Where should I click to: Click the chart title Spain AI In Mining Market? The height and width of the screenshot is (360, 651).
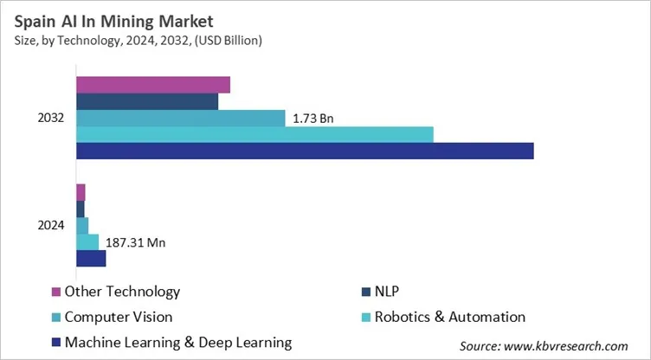[112, 19]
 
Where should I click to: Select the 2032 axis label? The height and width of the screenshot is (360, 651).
[51, 118]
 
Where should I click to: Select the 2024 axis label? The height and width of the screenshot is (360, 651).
[51, 225]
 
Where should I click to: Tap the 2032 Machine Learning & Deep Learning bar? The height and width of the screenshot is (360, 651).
[305, 151]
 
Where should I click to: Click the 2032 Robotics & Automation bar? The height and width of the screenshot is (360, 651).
[255, 134]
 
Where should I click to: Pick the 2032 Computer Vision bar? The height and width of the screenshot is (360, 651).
[180, 118]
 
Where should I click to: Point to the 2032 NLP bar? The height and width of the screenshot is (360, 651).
[147, 101]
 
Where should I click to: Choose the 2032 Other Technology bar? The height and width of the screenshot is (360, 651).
[153, 85]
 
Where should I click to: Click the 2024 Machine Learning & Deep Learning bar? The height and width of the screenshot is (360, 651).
[91, 258]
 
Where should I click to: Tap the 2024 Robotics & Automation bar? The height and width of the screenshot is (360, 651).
[87, 241]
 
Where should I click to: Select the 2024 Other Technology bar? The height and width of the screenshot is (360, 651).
[81, 192]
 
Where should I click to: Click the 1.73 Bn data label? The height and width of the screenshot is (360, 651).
[313, 118]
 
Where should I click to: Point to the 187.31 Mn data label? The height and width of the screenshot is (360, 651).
[135, 242]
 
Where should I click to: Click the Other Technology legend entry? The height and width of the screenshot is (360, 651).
[122, 292]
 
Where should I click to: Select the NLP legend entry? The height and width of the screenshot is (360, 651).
[388, 292]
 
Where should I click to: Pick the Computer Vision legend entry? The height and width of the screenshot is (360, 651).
[118, 317]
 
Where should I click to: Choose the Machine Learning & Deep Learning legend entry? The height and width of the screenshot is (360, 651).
[177, 342]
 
